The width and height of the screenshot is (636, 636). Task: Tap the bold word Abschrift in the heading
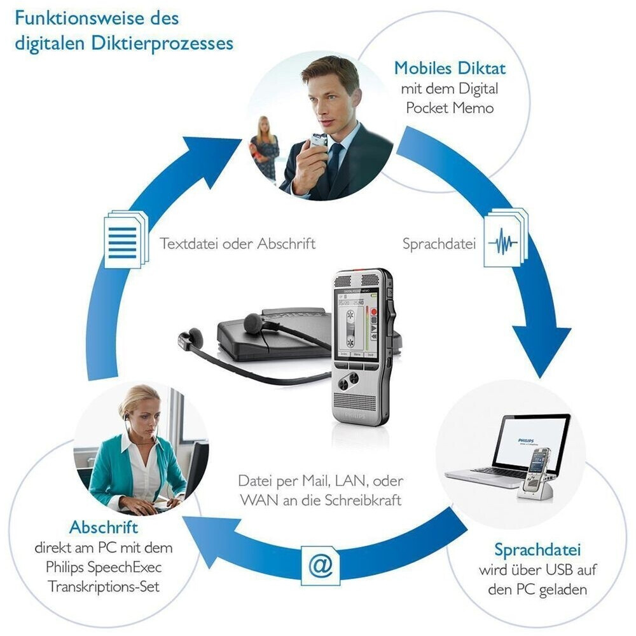[104, 527]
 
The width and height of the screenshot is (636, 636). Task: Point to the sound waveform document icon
[504, 242]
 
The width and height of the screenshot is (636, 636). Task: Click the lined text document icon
[124, 240]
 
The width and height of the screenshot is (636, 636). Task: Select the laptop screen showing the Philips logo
[531, 442]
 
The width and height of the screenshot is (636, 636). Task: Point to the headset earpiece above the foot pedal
[254, 322]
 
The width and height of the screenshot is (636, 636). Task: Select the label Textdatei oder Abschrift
[237, 243]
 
